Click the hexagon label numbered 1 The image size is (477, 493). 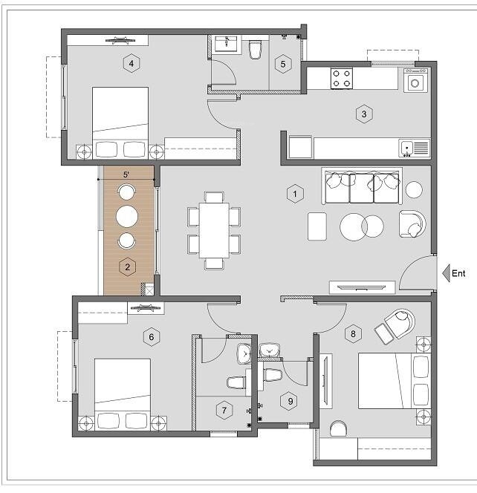295,195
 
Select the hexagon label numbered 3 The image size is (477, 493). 363,114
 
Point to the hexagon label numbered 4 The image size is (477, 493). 132,64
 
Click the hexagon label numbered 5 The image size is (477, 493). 283,64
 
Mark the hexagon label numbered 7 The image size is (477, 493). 222,409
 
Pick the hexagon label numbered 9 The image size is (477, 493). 291,402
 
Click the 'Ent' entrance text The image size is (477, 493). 458,273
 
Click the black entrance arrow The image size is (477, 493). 444,272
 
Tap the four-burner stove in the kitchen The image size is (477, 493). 342,79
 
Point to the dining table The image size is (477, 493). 214,229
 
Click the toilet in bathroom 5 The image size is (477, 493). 256,50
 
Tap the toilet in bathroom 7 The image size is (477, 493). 236,382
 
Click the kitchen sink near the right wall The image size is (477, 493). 414,148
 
